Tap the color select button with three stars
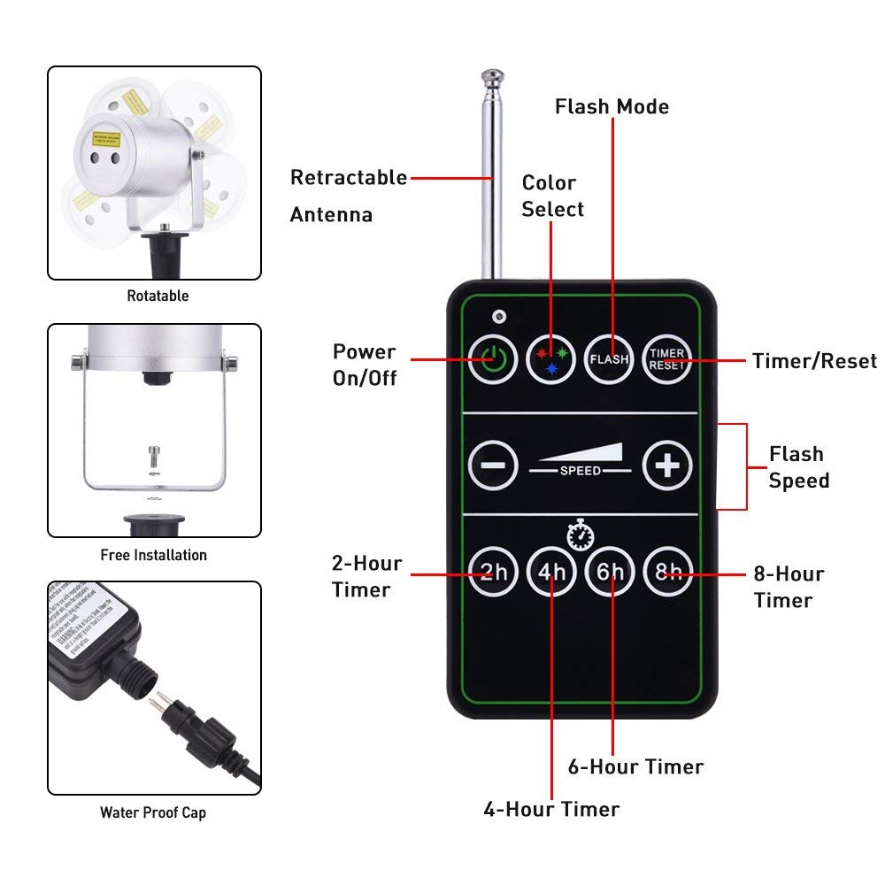551,358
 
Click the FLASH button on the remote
609,358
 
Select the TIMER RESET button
666,358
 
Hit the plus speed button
666,465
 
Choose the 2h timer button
492,573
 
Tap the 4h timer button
551,573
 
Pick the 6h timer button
610,573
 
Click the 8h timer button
666,573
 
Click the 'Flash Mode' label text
612,107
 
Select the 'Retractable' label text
349,178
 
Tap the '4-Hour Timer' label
551,809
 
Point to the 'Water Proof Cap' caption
154,812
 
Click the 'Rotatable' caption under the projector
158,296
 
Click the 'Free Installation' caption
154,555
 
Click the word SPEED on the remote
580,470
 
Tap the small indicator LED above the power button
499,315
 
